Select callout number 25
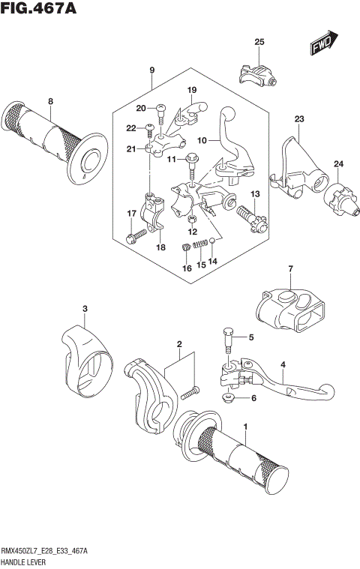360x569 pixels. pyautogui.click(x=259, y=42)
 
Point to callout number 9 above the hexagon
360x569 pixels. pyautogui.click(x=151, y=70)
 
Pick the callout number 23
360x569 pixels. pyautogui.click(x=298, y=119)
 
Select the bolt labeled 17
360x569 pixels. pyautogui.click(x=134, y=237)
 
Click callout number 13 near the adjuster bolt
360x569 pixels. pyautogui.click(x=254, y=194)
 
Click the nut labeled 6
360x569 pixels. pyautogui.click(x=227, y=397)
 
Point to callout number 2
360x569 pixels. pyautogui.click(x=179, y=345)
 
